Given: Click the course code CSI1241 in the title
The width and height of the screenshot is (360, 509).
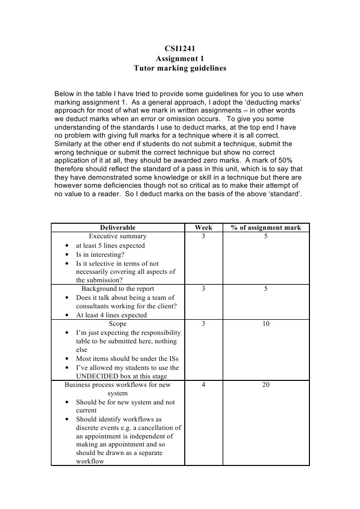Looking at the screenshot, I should point(180,49).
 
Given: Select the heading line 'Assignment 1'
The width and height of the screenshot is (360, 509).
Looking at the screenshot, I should point(180,59).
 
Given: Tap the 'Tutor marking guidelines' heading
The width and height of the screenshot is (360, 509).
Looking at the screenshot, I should point(180,68).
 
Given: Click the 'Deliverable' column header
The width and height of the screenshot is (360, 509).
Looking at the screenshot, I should point(117,228).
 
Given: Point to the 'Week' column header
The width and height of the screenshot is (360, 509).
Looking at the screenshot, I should point(203,228).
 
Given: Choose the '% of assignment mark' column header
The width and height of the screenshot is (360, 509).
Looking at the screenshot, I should point(266,228).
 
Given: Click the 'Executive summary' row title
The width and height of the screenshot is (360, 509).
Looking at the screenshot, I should point(118,236).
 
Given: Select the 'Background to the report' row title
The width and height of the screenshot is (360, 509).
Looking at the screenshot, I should point(118,289).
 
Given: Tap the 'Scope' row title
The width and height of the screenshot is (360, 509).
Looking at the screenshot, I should point(118,324).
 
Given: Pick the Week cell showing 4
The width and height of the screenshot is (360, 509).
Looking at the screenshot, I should point(203,385).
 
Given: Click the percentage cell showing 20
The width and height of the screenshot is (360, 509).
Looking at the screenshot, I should point(266,385).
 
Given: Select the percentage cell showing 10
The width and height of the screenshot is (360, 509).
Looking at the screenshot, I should point(266,324).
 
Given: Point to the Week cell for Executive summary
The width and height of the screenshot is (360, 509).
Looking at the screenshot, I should point(203,236).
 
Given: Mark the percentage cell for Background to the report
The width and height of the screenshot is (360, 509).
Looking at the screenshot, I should point(266,289).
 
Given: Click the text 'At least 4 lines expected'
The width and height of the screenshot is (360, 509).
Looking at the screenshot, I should point(111,315).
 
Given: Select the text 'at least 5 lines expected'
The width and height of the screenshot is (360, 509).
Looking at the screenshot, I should point(110,246).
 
